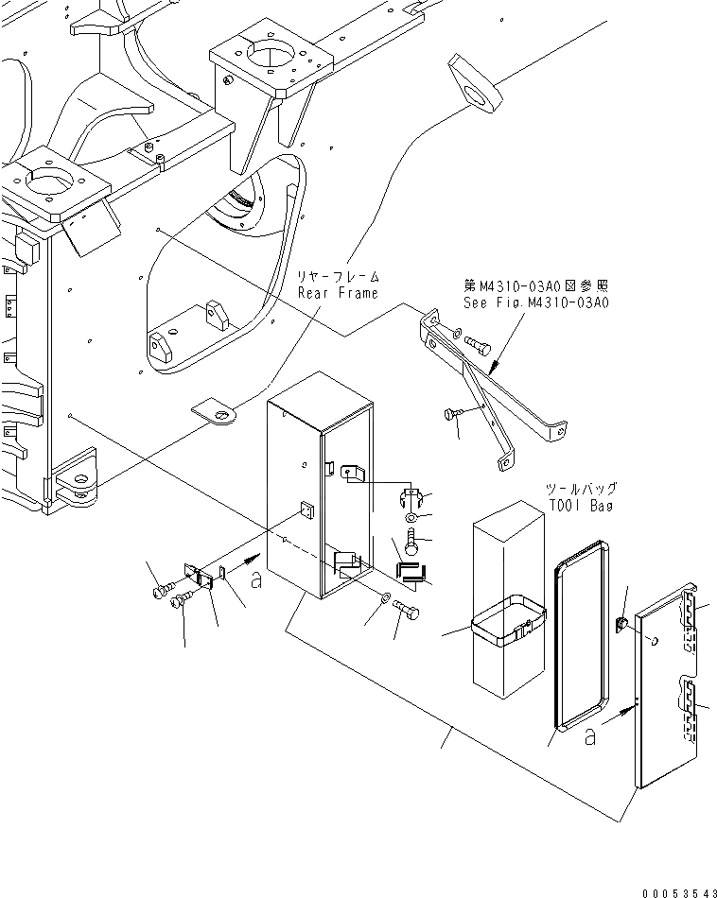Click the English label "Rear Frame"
point(338,293)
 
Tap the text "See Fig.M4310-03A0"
point(535,302)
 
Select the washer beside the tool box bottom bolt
point(382,599)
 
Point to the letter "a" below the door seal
point(590,737)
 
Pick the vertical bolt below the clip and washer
point(412,543)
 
